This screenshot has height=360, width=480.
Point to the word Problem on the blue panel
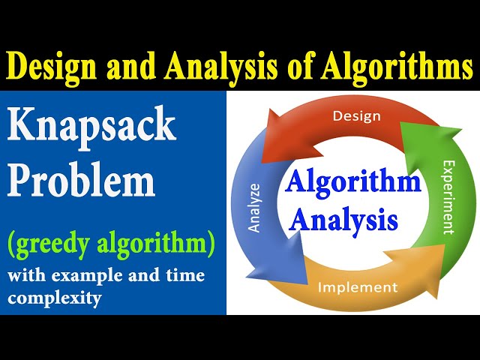coord(82,182)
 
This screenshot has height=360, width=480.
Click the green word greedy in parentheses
coord(58,244)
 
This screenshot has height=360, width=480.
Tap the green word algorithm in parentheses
coord(162,244)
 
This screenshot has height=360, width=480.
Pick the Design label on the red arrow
coord(356,116)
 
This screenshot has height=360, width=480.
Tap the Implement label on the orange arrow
coord(358,287)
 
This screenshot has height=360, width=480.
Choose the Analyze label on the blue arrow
coord(254,206)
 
